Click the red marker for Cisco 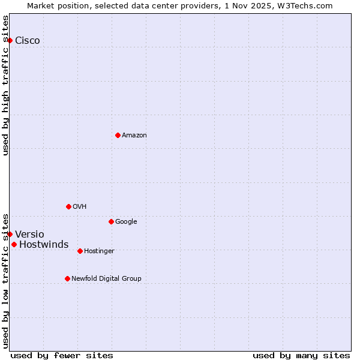(10, 40)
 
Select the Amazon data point (118, 135)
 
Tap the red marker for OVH (68, 206)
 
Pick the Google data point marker (111, 221)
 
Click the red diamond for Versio (10, 234)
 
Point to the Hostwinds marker (14, 244)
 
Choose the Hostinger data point (80, 251)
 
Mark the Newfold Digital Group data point (67, 278)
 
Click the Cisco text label (28, 40)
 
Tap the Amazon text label (134, 135)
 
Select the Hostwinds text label (44, 244)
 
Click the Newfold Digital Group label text (106, 278)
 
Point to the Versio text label (29, 234)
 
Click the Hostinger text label (99, 251)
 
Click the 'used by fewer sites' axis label (62, 355)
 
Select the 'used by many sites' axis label (301, 355)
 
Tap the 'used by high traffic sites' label (5, 85)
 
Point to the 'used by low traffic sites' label (5, 280)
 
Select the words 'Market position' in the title (56, 5)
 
